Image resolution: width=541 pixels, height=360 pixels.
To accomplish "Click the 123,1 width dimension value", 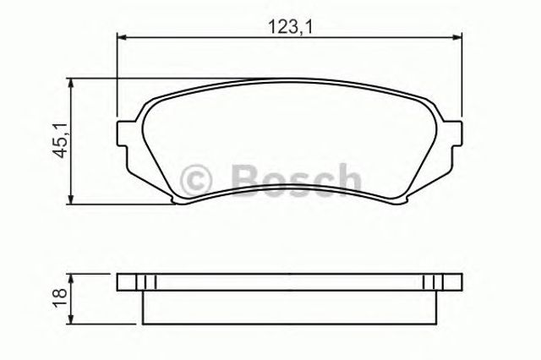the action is tap(290, 26).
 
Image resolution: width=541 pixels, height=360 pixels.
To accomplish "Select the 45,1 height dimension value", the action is tap(62, 141).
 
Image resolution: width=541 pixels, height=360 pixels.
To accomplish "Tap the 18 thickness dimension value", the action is tap(60, 298).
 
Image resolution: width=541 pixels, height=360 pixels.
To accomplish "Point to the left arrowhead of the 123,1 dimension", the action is tap(123, 37).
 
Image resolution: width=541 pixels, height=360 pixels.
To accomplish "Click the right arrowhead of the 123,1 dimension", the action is tap(456, 37).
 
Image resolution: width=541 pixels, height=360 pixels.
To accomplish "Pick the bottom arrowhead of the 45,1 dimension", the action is tap(71, 199).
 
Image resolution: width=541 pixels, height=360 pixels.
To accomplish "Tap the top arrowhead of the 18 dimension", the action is tap(71, 279).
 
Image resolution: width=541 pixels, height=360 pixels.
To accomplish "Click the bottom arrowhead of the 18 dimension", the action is tap(71, 319).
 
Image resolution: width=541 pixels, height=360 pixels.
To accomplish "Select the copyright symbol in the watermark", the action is tap(196, 181).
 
